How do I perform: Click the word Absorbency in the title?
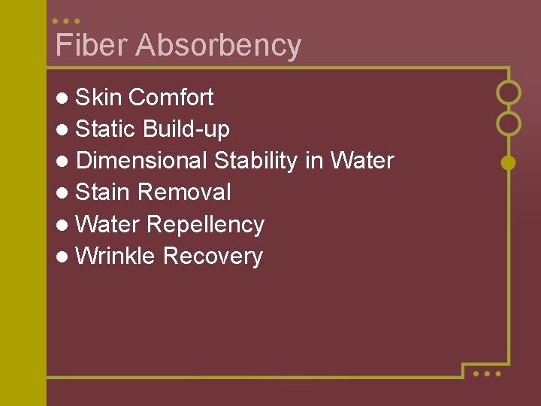(219, 46)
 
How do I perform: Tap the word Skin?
(99, 97)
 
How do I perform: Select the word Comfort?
(171, 97)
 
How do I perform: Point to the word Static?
(106, 129)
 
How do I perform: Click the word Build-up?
(186, 129)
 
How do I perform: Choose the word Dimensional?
(142, 161)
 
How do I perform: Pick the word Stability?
(256, 161)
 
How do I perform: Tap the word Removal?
(184, 192)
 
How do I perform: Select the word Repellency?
(206, 225)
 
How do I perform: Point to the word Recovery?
(213, 256)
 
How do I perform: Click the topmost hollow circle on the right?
(509, 92)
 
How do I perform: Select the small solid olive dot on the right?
(509, 162)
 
